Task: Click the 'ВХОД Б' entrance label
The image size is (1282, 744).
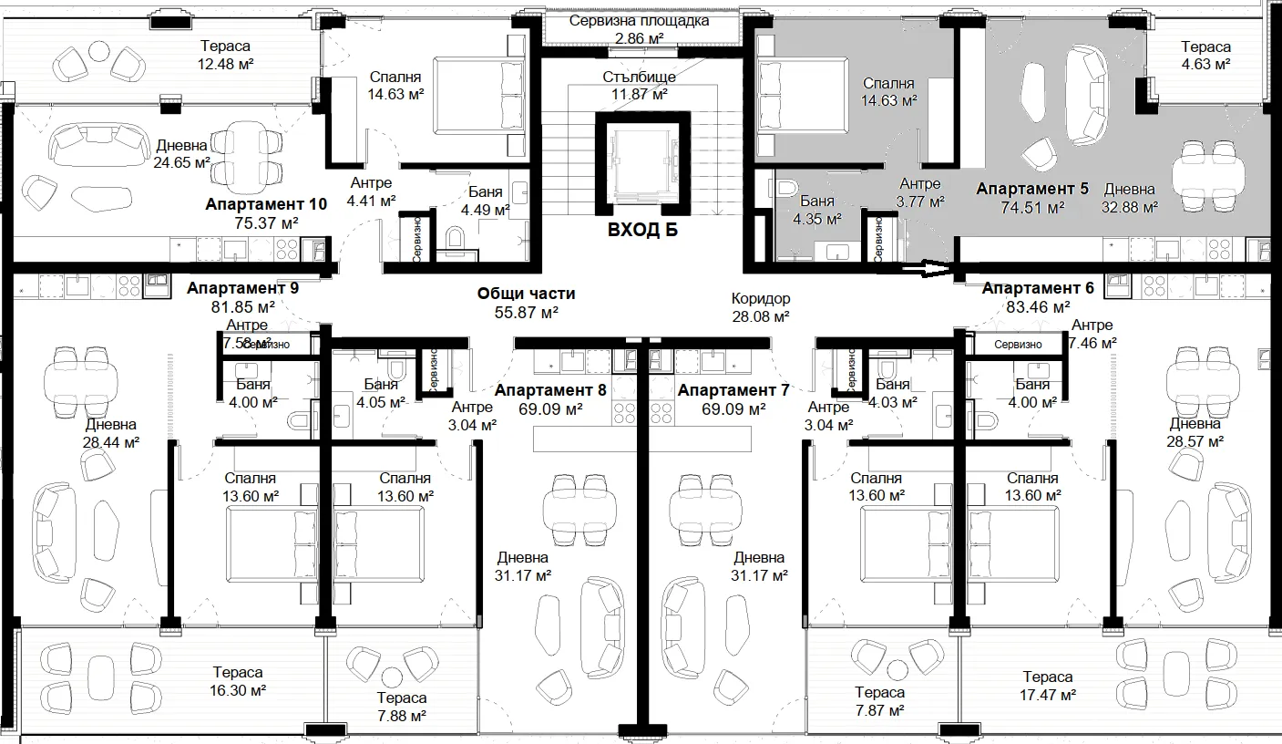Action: (x=642, y=231)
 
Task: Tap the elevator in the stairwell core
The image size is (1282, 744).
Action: (x=642, y=164)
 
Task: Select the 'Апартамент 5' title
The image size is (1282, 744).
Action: (x=1032, y=189)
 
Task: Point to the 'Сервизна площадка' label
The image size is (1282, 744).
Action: (x=640, y=21)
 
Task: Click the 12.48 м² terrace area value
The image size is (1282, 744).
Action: (x=225, y=64)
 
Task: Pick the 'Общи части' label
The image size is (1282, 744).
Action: (x=526, y=294)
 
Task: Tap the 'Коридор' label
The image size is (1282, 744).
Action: (x=761, y=298)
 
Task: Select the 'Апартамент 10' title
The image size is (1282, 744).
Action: (x=266, y=204)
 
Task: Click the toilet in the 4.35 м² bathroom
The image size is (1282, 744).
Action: (x=787, y=187)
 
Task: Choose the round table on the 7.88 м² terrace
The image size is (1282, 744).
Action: (x=392, y=677)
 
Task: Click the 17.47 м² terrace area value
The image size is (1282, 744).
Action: (x=1047, y=696)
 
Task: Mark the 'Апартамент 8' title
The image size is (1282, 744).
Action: (x=550, y=390)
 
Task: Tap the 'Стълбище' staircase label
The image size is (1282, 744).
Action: (x=640, y=77)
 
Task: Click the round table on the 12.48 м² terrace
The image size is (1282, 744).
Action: (x=99, y=52)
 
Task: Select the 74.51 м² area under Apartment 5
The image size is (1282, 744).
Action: (x=1032, y=207)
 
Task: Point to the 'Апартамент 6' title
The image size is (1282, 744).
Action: (x=1038, y=288)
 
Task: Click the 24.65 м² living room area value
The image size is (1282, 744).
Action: (x=181, y=162)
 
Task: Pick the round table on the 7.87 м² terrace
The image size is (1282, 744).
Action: (x=897, y=670)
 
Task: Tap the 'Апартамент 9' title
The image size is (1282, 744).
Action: (x=242, y=288)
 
